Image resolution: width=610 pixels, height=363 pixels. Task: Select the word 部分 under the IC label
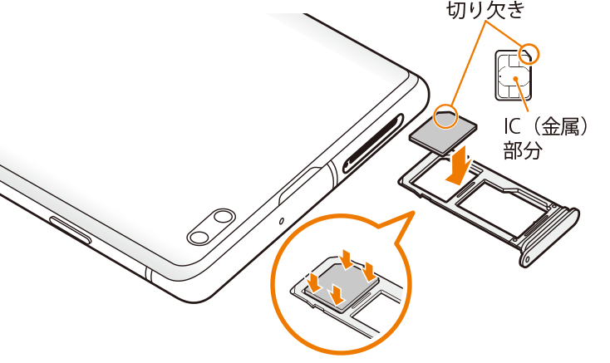point(523,150)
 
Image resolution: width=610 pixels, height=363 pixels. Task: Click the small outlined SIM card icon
point(514,75)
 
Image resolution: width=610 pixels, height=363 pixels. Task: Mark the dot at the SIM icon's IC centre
point(515,79)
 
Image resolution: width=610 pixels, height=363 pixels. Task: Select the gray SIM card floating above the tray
point(443,130)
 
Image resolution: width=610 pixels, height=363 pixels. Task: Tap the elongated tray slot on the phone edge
point(373,143)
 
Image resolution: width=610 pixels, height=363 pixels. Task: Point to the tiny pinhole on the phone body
point(282,221)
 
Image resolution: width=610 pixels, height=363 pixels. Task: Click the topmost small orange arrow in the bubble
point(346,259)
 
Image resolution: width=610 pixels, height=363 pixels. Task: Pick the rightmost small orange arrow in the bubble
point(368,272)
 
